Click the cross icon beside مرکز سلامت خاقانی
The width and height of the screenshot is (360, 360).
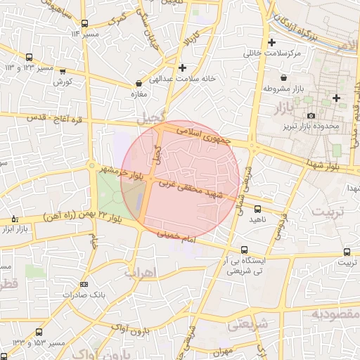click(272, 43)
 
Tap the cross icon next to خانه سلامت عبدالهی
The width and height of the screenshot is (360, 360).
click(183, 67)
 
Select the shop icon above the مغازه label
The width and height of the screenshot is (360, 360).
click(139, 84)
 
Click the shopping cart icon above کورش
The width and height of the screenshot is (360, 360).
click(63, 71)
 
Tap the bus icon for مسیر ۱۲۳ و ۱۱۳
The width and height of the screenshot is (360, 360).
click(29, 58)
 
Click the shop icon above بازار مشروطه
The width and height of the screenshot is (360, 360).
click(283, 78)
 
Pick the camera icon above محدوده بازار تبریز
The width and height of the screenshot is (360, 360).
click(311, 116)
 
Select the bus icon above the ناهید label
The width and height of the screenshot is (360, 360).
click(257, 208)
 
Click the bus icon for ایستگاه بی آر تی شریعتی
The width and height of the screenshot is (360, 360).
click(244, 250)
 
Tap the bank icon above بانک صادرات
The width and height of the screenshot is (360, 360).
click(85, 284)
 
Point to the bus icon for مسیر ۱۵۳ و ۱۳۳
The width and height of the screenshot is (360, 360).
click(38, 331)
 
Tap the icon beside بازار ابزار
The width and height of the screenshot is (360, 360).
click(15, 219)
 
